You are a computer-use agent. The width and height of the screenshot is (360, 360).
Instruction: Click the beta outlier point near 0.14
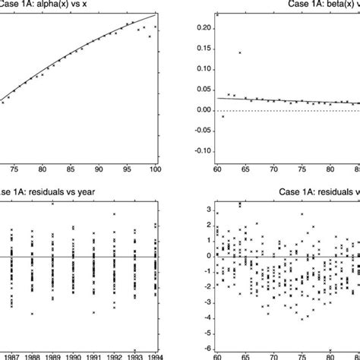click(240, 53)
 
